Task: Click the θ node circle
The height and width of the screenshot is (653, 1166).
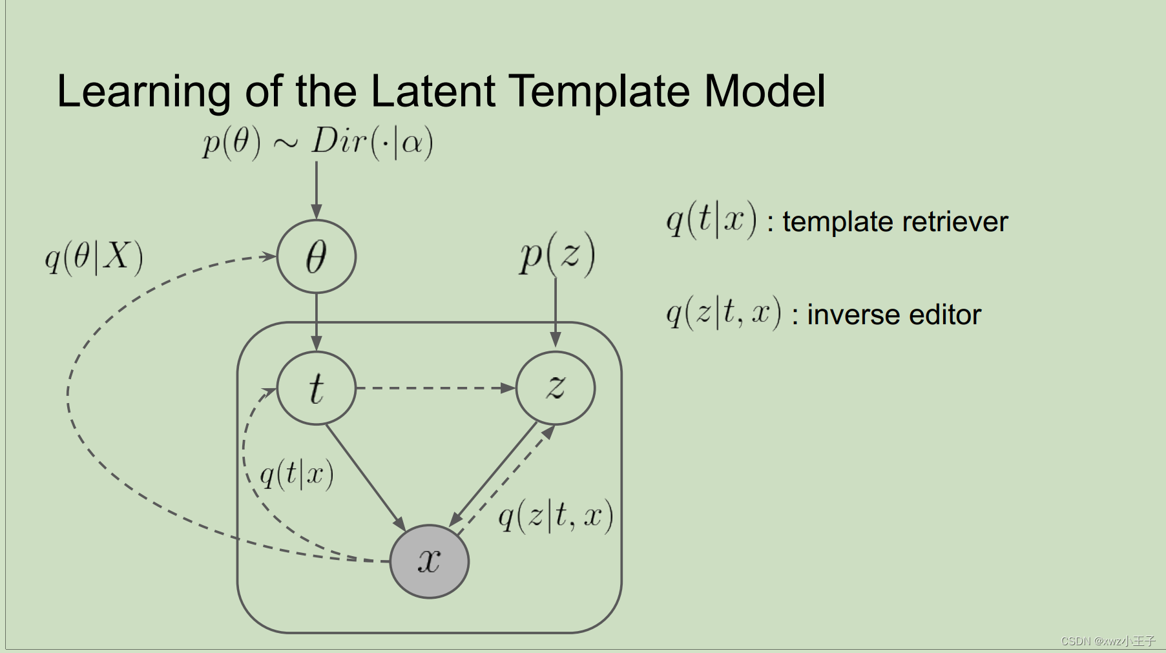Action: pos(316,256)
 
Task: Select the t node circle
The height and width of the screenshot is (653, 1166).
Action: pos(316,388)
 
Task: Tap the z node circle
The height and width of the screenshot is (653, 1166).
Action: pos(555,388)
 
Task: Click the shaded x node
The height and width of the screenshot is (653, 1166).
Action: pos(430,561)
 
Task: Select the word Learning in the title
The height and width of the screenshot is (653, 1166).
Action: pos(143,92)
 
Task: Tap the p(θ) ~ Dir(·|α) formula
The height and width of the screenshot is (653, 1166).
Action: pos(317,142)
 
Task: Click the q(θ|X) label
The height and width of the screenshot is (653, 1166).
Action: pos(94,257)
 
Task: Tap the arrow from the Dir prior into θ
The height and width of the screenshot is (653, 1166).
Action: pos(317,190)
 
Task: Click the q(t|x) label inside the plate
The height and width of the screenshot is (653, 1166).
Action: pos(297,475)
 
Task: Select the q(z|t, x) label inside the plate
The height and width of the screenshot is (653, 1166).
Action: pos(555,516)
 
